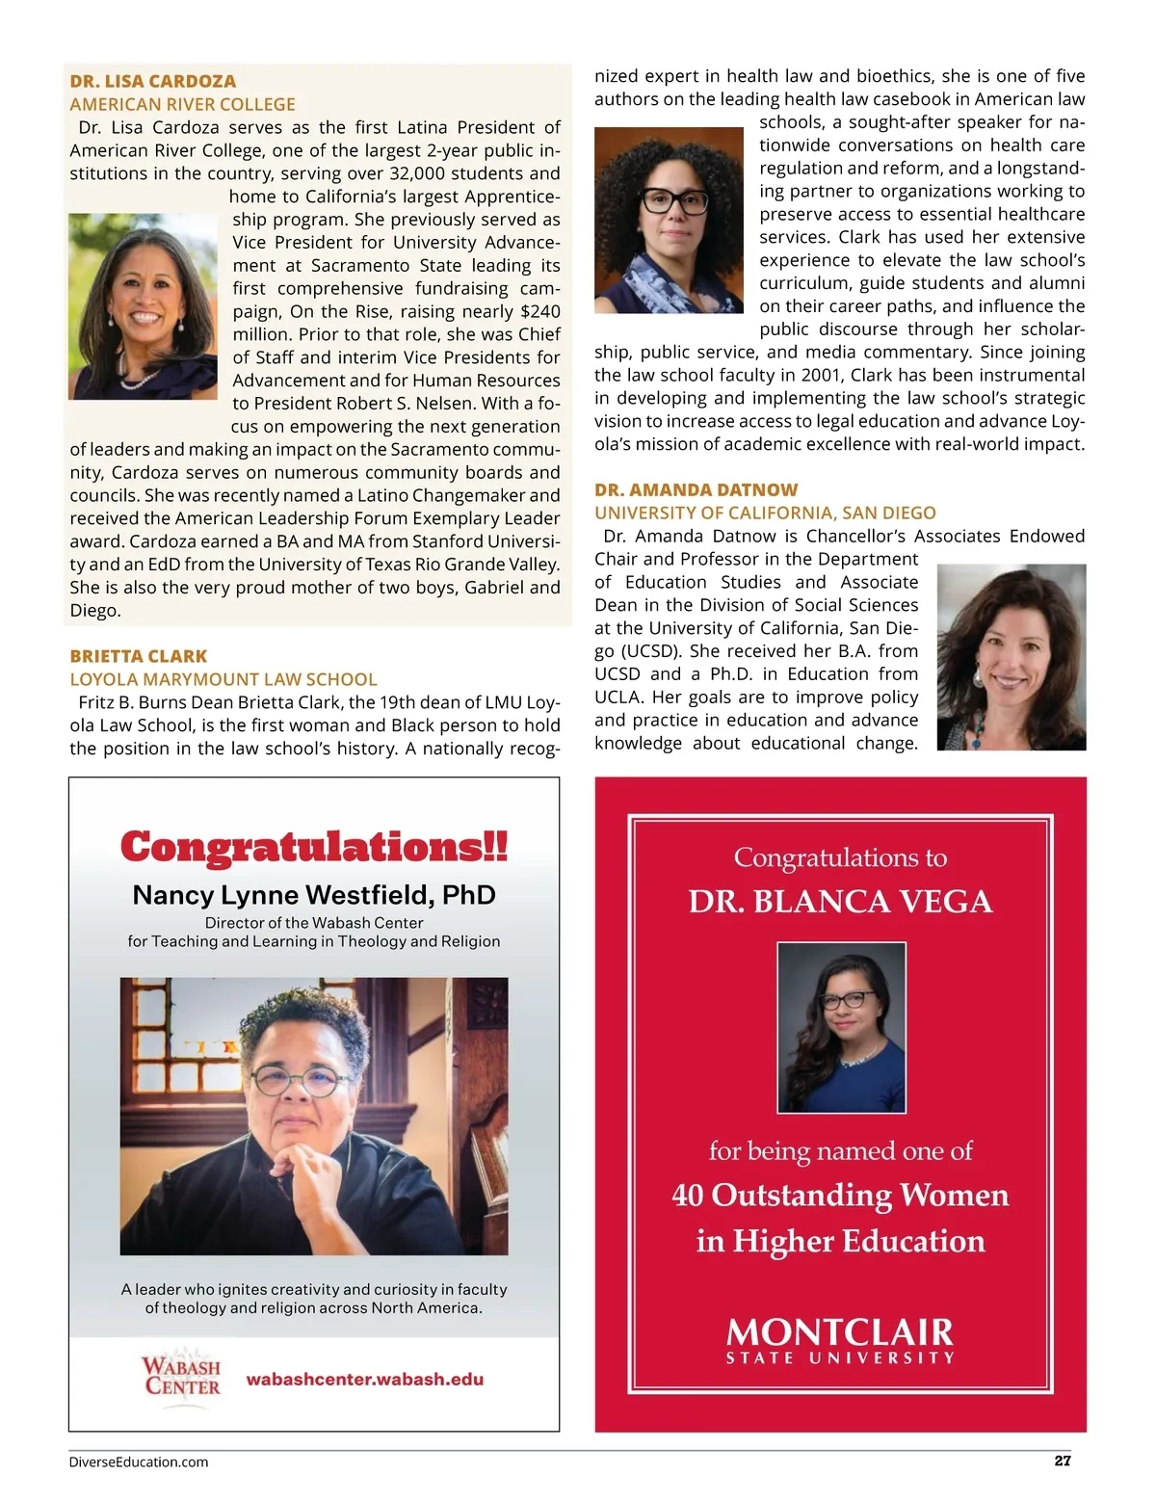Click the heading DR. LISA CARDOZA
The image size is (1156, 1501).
[152, 81]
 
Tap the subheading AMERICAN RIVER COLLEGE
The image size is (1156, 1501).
[182, 104]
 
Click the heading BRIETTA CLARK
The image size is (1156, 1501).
[138, 656]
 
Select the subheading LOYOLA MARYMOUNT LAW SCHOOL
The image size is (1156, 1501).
[223, 679]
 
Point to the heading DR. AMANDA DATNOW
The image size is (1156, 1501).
[696, 489]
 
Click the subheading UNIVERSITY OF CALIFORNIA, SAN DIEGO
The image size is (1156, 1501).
[765, 513]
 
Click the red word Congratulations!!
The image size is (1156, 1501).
[313, 847]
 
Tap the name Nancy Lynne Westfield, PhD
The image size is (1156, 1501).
[313, 895]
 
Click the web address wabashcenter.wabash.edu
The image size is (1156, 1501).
[364, 1379]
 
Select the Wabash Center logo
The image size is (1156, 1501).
[181, 1377]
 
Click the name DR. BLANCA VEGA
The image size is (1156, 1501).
[840, 902]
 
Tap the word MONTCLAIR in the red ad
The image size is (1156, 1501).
[840, 1332]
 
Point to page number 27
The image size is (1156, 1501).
[1063, 1461]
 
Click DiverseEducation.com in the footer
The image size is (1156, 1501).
[139, 1461]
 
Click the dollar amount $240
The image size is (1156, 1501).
[539, 311]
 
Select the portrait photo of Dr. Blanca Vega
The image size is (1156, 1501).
[841, 1027]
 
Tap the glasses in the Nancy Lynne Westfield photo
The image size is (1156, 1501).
[300, 1079]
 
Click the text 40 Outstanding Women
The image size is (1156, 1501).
[840, 1195]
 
